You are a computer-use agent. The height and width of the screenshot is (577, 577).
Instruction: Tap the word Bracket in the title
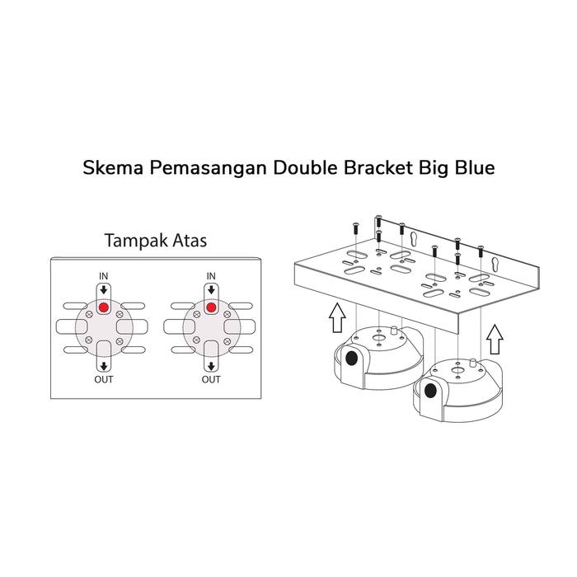click(362, 169)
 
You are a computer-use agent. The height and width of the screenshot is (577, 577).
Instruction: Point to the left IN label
click(104, 274)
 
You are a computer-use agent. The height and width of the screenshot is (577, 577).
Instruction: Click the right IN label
click(211, 274)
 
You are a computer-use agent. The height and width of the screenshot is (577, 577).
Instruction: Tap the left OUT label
click(104, 380)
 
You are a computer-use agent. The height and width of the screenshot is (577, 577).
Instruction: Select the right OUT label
click(211, 380)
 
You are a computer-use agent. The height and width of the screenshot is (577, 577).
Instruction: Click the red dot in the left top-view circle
click(104, 307)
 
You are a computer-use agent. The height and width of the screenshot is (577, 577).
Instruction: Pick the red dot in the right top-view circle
click(211, 307)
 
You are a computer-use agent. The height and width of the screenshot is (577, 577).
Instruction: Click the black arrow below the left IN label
click(104, 289)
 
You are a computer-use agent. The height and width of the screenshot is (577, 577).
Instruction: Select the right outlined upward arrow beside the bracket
click(495, 335)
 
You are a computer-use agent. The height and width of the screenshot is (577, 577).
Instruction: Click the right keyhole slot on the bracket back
click(497, 265)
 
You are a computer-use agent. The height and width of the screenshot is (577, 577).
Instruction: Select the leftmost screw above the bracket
click(354, 225)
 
